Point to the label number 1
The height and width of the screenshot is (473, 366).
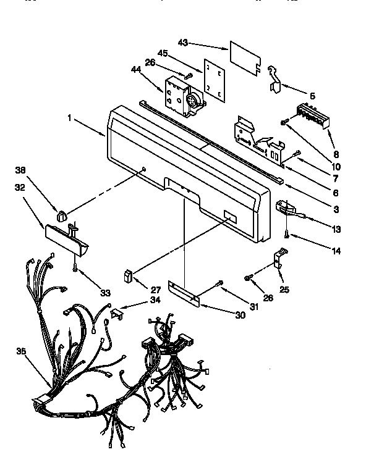pos(71,115)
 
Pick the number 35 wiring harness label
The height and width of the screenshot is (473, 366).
pos(22,351)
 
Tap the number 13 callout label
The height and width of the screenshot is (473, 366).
pos(336,229)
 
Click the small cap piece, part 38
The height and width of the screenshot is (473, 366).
pos(62,216)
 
